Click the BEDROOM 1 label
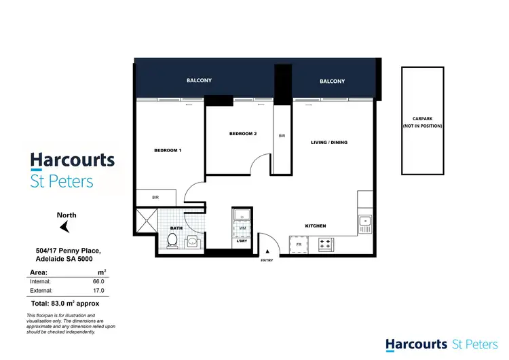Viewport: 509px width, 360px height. tap(168, 149)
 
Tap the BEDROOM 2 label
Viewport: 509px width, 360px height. tap(243, 134)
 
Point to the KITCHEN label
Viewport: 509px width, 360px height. tap(316, 226)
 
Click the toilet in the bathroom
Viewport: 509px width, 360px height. tap(172, 240)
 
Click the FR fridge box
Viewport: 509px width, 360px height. tap(297, 242)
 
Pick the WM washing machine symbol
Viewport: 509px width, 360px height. tap(241, 228)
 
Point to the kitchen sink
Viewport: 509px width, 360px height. tap(365, 221)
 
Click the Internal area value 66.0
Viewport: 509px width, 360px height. tap(100, 281)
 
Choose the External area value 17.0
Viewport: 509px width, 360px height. tap(100, 291)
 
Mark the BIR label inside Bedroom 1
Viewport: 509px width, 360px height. tap(155, 198)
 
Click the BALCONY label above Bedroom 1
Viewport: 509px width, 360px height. tap(199, 81)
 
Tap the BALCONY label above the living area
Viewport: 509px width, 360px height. tap(332, 82)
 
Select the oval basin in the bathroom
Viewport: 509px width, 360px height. tap(193, 241)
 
